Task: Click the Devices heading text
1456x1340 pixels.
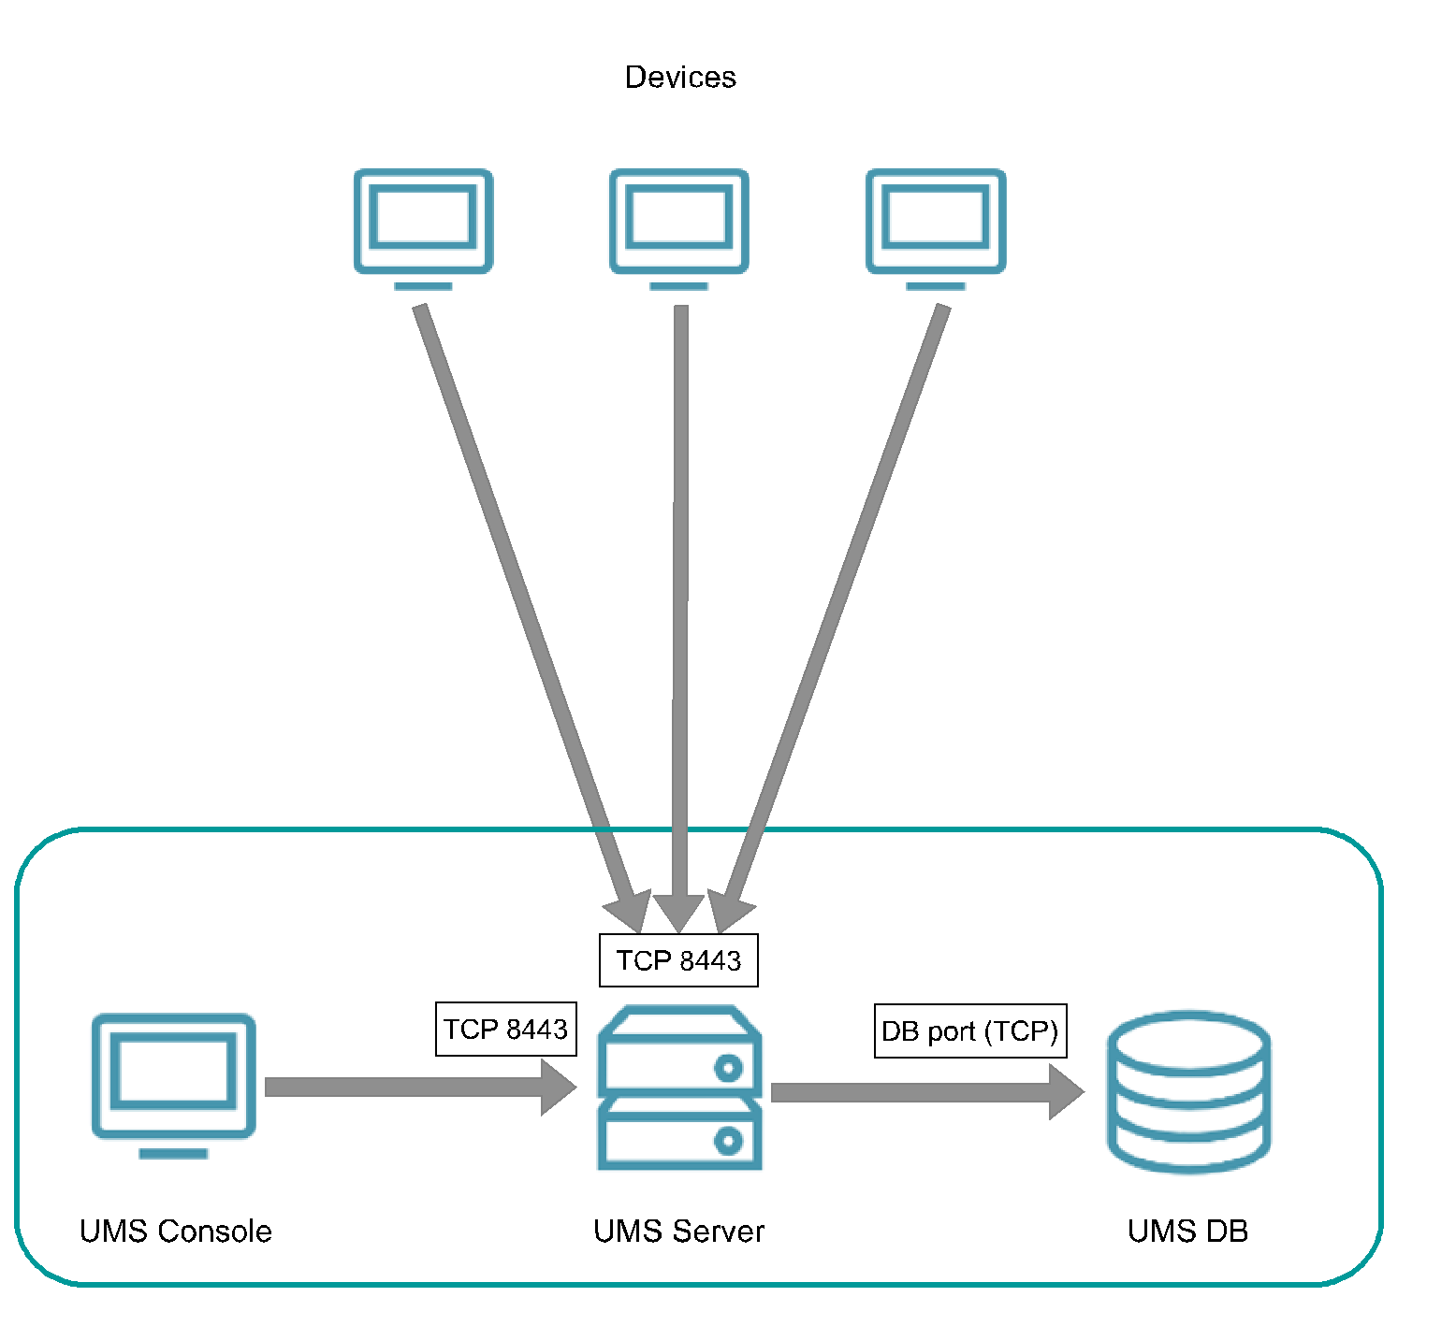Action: coord(679,77)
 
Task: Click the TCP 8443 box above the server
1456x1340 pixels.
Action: coord(678,960)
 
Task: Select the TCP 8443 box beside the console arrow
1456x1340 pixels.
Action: coord(505,1029)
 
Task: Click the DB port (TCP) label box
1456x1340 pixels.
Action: coord(969,1030)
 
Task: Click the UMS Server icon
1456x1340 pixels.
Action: coord(679,1088)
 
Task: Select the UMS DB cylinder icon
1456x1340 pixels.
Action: coord(1188,1091)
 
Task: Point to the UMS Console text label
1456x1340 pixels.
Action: coord(176,1231)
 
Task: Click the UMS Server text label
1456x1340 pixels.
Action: coord(678,1231)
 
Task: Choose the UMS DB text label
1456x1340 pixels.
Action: coord(1187,1231)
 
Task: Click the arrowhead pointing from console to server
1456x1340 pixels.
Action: coord(559,1087)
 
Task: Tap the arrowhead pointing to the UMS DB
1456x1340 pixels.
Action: coord(1066,1091)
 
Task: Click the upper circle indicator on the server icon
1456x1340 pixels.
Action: coord(728,1067)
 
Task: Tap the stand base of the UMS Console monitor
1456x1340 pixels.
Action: coord(173,1154)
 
